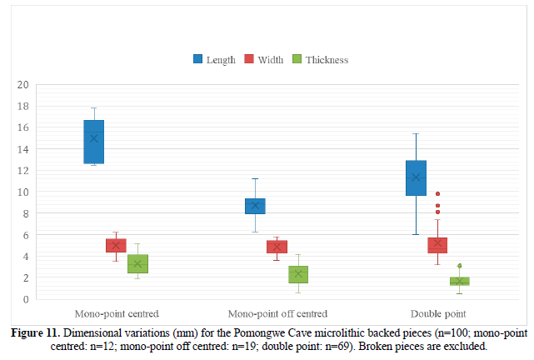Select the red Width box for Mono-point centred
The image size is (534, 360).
pyautogui.click(x=116, y=245)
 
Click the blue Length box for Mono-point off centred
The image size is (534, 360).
pyautogui.click(x=255, y=206)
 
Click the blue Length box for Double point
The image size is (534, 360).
pyautogui.click(x=416, y=177)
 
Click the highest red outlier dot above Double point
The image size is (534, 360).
pyautogui.click(x=437, y=193)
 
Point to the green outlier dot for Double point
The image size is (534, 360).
pyautogui.click(x=459, y=266)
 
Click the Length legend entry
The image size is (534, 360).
pyautogui.click(x=214, y=59)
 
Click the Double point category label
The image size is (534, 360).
pyautogui.click(x=437, y=314)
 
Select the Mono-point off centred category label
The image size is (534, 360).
pyautogui.click(x=277, y=314)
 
